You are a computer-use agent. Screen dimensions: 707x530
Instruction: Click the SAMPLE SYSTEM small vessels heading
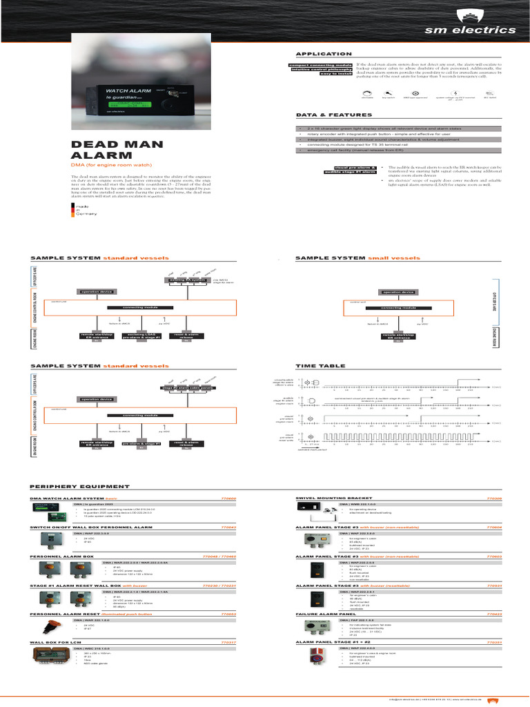click(357, 258)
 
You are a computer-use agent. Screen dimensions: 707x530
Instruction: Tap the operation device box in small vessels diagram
click(398, 292)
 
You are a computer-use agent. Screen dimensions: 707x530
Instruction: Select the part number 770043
click(228, 527)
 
